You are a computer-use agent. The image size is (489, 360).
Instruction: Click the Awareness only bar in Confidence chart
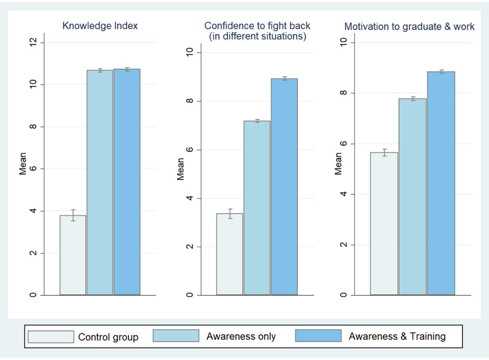257,208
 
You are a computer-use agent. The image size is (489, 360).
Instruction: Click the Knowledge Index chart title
100,26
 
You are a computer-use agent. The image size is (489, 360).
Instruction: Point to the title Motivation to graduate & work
409,27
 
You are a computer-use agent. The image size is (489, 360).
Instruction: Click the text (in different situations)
258,36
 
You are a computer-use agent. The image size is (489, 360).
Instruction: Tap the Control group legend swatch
51,337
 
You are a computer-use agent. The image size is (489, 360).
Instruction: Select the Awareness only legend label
241,337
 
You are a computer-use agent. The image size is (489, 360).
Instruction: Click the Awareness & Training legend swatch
318,336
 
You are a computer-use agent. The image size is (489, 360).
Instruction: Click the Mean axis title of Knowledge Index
23,164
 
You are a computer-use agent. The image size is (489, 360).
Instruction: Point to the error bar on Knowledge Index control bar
73,216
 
